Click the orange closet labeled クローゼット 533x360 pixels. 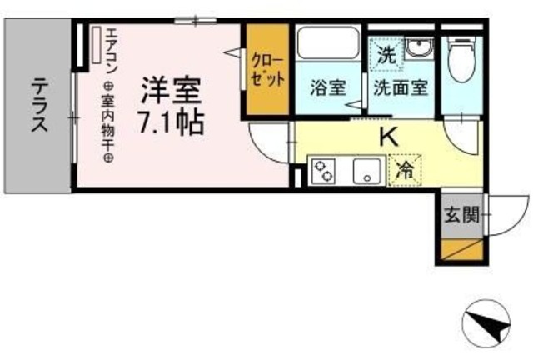267,72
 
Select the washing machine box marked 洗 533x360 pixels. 386,56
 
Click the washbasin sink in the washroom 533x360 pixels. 419,47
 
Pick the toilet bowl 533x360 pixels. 456,56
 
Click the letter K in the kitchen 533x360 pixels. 389,137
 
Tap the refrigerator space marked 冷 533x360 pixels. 405,170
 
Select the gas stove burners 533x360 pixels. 322,172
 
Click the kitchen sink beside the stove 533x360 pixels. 365,172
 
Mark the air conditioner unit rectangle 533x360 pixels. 97,46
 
